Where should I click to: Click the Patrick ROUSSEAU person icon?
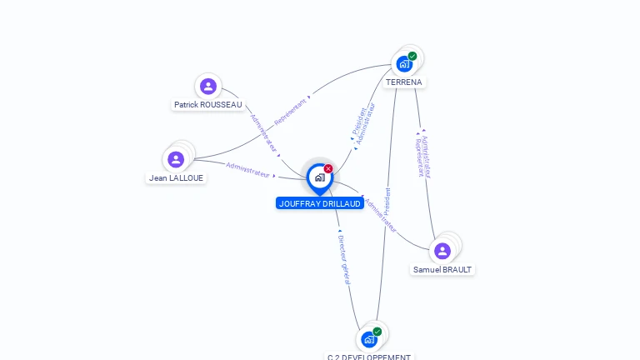pos(208,86)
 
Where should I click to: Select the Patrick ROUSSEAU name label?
pos(208,105)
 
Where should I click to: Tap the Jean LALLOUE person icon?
pos(176,159)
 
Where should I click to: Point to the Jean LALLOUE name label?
pos(176,177)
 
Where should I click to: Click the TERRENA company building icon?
pos(404,63)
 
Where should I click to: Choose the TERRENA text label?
pos(404,82)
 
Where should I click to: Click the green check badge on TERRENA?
pos(412,57)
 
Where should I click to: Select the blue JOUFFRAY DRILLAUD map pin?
pos(319,177)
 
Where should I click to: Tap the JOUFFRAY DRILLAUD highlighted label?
pos(320,203)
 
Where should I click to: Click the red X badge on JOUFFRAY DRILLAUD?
pos(328,168)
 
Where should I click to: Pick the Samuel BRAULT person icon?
pos(442,251)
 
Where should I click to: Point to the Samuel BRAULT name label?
pos(442,270)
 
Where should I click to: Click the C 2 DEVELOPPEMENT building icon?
pos(369,339)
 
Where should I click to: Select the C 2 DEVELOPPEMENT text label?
pos(369,357)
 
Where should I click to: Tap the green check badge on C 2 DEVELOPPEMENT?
pos(377,332)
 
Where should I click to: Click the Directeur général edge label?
pos(343,258)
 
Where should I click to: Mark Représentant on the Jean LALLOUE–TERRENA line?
pos(290,110)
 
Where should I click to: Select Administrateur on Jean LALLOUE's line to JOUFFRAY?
pos(248,169)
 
